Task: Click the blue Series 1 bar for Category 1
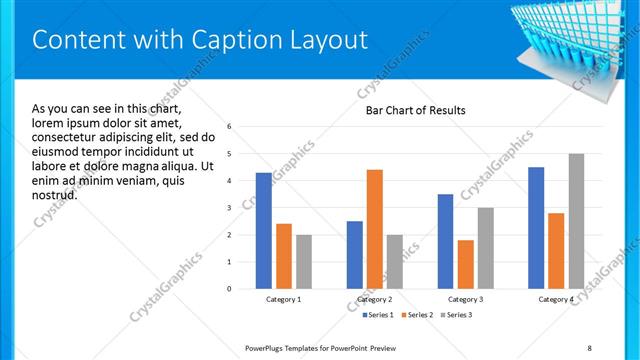[x=264, y=231]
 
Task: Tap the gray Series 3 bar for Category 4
[x=576, y=221]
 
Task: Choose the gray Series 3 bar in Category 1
[x=304, y=262]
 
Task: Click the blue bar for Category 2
[x=355, y=255]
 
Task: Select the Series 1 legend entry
[x=376, y=316]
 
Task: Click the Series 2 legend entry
[x=416, y=316]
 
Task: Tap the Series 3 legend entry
[x=456, y=316]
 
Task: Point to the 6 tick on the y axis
[x=230, y=127]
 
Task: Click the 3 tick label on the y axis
[x=230, y=208]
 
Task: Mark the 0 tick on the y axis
[x=230, y=289]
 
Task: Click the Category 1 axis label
[x=284, y=299]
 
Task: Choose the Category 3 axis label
[x=466, y=299]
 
